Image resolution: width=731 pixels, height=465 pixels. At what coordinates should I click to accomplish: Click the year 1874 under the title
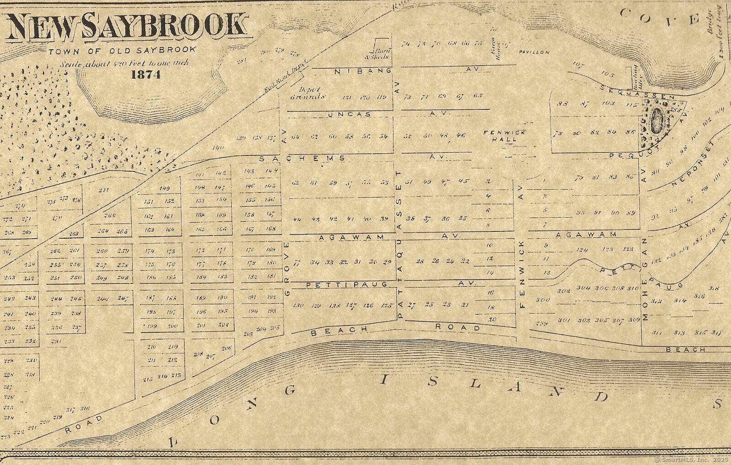pos(146,75)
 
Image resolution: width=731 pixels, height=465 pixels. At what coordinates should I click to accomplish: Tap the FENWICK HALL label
pos(504,136)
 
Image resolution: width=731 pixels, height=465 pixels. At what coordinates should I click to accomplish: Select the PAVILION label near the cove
pos(534,52)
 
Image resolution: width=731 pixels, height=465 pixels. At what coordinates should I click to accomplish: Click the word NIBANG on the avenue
pos(363,71)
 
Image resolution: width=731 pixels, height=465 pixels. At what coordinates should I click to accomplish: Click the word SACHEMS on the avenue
pos(302,158)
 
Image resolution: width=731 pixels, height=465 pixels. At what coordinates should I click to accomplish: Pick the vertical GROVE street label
pos(287,270)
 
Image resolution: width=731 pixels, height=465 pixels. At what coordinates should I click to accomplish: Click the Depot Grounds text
pos(309,93)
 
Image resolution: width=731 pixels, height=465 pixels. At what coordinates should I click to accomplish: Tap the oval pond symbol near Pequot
pos(657,121)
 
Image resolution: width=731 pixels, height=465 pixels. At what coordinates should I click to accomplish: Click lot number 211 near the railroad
pos(104,190)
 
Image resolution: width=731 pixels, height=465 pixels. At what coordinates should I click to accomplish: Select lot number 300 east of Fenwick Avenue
pos(542,300)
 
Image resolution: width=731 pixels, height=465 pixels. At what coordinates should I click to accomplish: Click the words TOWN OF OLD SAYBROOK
pos(122,50)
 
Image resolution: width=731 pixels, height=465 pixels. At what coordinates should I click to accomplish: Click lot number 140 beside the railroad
pos(218,148)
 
